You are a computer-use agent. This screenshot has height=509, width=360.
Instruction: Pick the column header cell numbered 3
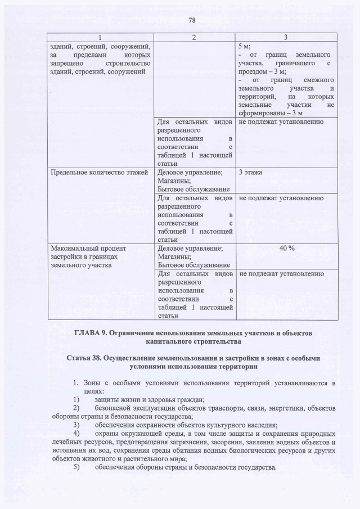285,37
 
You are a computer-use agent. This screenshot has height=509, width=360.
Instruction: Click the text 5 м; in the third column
245,46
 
